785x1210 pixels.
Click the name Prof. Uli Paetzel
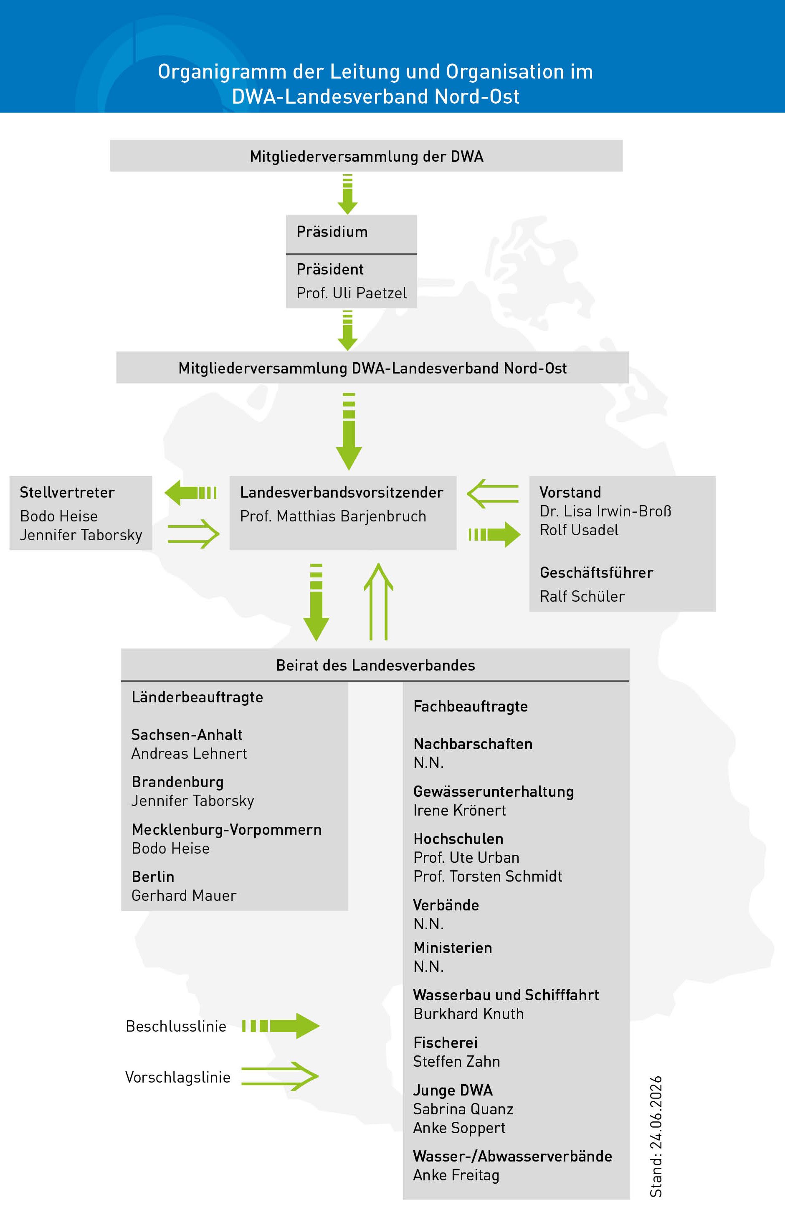352,293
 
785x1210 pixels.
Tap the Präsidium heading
332,232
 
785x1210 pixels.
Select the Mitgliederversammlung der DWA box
366,155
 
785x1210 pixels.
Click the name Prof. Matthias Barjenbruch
333,516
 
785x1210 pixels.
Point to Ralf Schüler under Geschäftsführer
582,596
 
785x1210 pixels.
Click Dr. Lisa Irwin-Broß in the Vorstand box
605,511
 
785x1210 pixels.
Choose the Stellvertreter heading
67,493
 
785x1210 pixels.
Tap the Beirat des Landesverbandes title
375,666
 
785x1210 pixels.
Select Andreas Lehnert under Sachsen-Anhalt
189,753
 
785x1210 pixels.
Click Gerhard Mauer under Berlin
184,895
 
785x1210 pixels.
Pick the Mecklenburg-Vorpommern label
227,830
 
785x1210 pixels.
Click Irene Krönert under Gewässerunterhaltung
460,811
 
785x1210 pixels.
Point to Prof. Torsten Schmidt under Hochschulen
488,877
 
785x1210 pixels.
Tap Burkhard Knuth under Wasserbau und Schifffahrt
468,1014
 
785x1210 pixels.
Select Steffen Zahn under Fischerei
457,1062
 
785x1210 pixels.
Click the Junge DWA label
453,1091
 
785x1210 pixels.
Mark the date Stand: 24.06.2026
656,1136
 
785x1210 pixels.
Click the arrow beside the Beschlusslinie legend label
281,1026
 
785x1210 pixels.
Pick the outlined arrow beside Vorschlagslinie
280,1076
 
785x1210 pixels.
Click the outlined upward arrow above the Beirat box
379,601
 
